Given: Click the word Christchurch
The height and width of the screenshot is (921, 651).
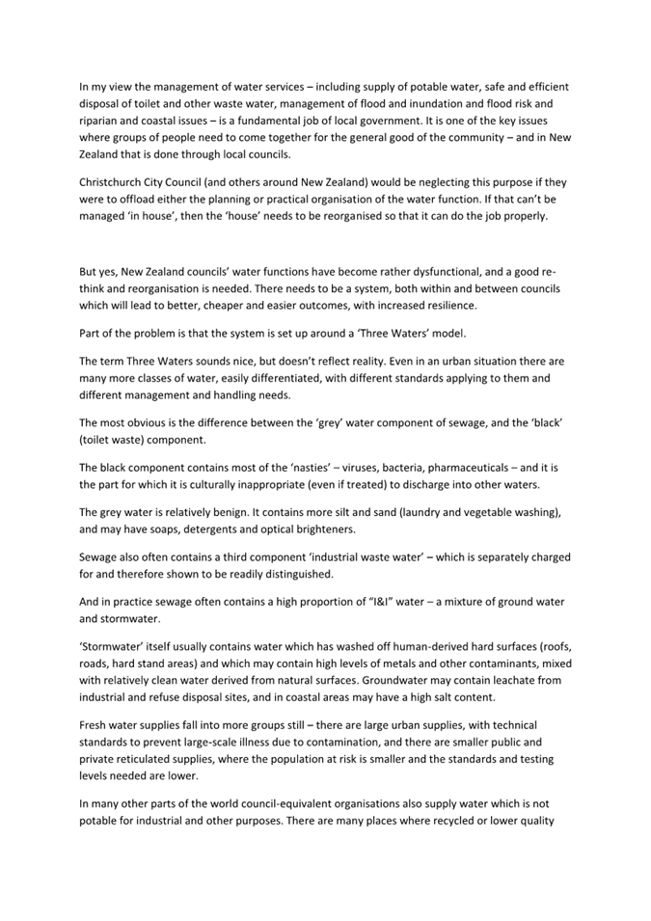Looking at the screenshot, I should [114, 180].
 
